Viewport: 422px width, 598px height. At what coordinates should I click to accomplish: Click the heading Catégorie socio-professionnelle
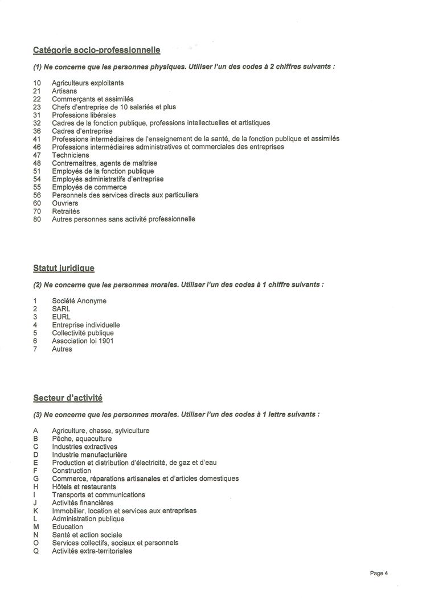coord(96,50)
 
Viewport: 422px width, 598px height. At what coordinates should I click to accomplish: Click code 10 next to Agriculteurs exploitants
coord(37,83)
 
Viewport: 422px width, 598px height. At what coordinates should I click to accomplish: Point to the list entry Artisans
coord(64,90)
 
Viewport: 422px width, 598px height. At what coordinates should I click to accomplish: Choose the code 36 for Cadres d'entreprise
coord(37,131)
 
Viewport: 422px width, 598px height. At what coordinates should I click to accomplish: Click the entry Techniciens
coord(71,155)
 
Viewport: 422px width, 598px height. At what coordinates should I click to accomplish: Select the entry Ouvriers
coord(65,203)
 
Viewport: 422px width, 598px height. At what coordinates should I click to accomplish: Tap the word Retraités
coord(66,211)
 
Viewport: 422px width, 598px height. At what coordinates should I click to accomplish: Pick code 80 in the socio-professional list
coord(37,219)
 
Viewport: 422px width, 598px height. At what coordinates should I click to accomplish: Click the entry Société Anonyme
coord(79,301)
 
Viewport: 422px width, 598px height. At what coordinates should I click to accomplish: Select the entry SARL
coord(61,309)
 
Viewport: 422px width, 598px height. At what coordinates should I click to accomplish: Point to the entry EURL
coord(61,317)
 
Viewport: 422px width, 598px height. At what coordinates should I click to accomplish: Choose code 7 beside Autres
coord(35,349)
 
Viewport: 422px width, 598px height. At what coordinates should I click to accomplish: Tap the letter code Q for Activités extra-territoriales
coord(36,551)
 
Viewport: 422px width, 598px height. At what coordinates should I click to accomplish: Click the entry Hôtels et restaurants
coord(84,486)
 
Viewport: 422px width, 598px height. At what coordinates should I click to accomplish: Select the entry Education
coord(67,527)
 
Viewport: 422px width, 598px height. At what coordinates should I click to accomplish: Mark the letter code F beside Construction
coord(35,471)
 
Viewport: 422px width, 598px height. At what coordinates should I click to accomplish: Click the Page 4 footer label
coord(378,573)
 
